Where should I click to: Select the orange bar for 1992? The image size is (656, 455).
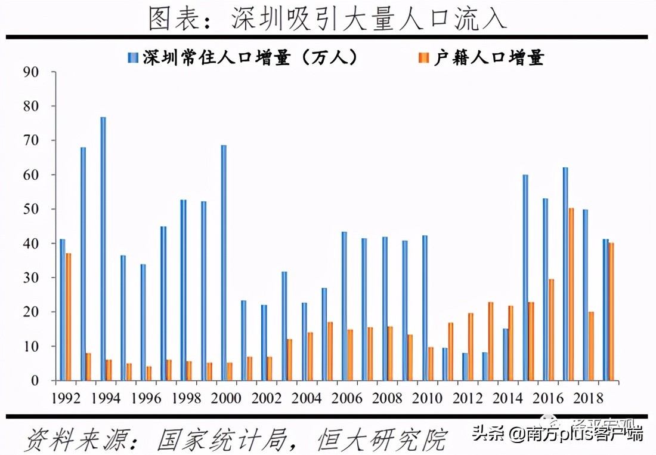tap(69, 316)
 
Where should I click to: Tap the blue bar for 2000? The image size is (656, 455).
tap(224, 263)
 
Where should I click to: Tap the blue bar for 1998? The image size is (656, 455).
tap(183, 290)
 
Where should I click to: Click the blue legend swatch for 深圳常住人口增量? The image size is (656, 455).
tap(132, 58)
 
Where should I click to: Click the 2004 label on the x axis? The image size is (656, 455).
tap(308, 398)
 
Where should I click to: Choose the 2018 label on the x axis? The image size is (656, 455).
tap(589, 398)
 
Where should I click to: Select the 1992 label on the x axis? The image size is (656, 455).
tap(66, 398)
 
